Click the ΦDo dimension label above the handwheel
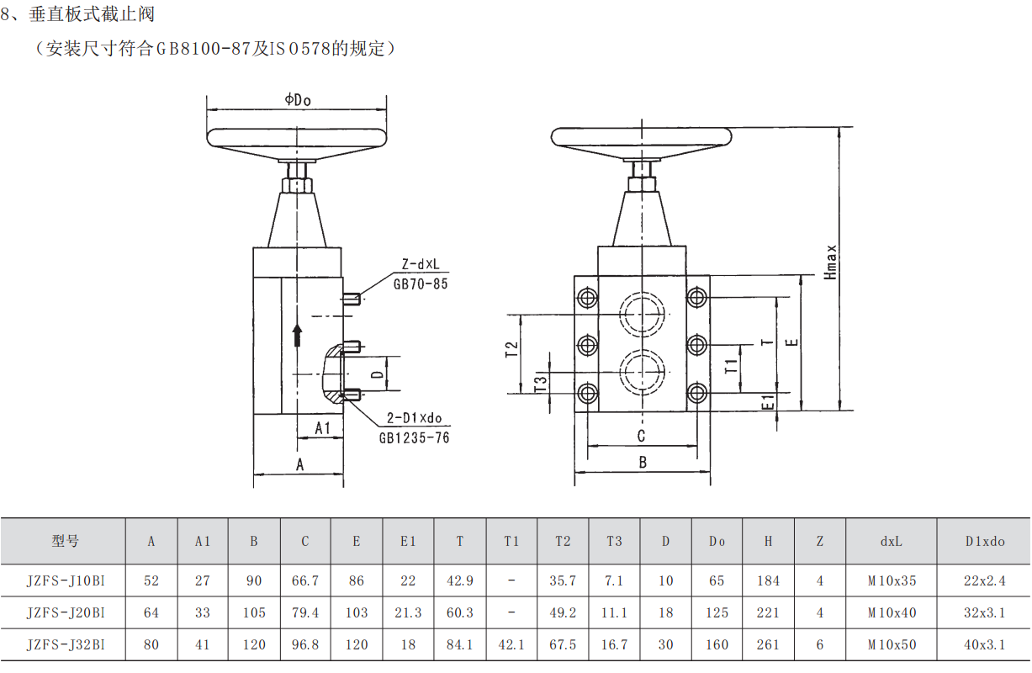click(298, 99)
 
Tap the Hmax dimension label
click(830, 262)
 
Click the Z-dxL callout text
click(421, 265)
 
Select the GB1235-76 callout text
click(414, 438)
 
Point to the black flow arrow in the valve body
click(297, 335)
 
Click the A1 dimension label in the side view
click(322, 428)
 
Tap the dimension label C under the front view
click(641, 436)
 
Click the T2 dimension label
click(512, 349)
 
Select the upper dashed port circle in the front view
click(642, 315)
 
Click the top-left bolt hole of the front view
click(587, 297)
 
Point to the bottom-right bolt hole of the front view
click(696, 393)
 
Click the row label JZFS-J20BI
click(66, 612)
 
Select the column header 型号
click(65, 541)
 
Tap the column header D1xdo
click(985, 541)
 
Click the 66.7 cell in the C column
click(305, 580)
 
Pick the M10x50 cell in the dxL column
click(892, 644)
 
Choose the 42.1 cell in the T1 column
click(511, 644)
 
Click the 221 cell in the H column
click(768, 612)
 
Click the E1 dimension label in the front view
click(768, 402)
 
